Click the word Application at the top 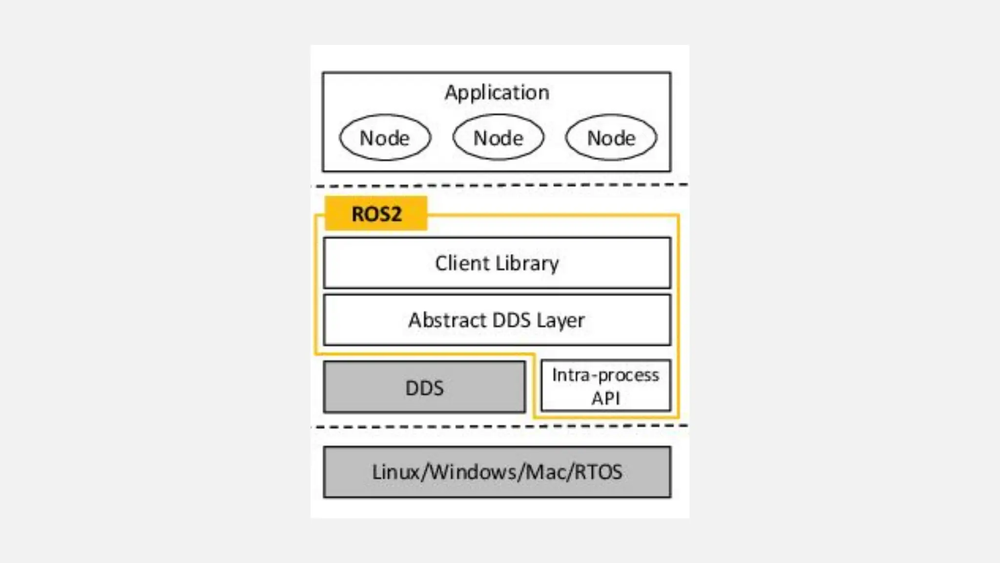tap(497, 92)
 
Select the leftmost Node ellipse tap(385, 138)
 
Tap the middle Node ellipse tap(498, 138)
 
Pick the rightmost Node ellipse tap(611, 138)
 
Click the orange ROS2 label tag tap(376, 214)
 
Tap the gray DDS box tap(424, 388)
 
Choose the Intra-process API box tap(605, 386)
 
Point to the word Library tap(527, 263)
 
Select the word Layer tap(561, 321)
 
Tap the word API tap(605, 398)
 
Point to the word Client tap(462, 263)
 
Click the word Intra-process tap(605, 375)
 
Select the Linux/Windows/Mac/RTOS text tap(497, 472)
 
